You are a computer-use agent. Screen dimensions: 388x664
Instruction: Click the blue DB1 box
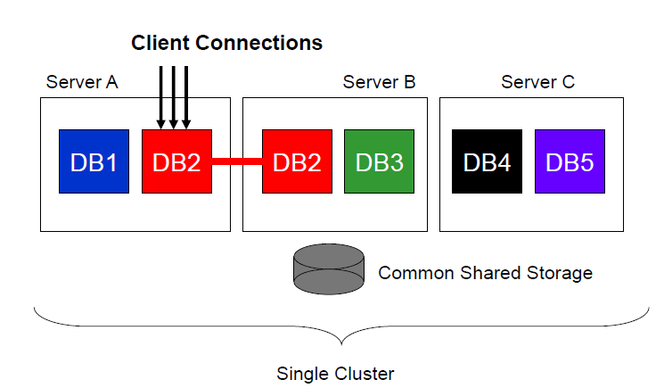coord(94,161)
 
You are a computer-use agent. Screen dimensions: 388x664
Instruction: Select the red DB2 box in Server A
coord(176,161)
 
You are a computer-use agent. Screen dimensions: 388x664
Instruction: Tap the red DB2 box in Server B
coord(297,161)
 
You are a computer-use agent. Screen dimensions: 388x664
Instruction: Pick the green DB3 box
coord(380,161)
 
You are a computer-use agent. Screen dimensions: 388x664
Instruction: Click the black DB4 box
coord(488,161)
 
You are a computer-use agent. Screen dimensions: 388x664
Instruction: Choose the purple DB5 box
coord(570,161)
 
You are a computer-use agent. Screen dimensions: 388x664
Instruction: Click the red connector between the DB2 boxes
coord(237,161)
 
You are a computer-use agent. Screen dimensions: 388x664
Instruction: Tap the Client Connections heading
coord(226,42)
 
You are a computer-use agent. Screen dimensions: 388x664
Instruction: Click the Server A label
coord(82,82)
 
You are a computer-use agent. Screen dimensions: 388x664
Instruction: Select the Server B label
coord(379,82)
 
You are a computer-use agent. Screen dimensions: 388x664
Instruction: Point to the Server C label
coord(537,82)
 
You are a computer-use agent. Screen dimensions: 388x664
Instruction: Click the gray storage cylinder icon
coord(329,269)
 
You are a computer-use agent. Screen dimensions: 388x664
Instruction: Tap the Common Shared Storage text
coord(485,272)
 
